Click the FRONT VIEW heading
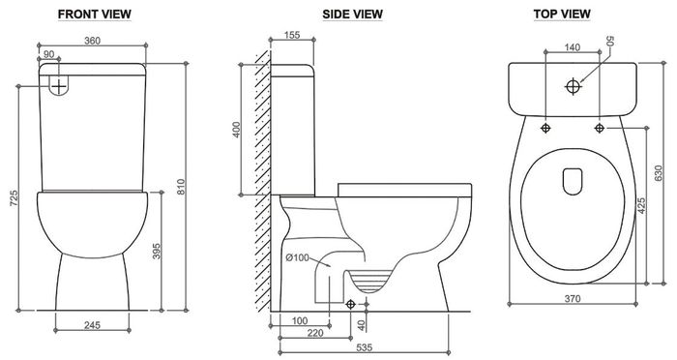[x=95, y=15]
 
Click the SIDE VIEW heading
[x=352, y=15]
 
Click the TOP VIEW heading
[x=562, y=15]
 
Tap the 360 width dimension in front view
[x=92, y=41]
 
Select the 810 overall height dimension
[x=182, y=186]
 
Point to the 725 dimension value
[x=14, y=197]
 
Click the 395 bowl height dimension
[x=157, y=251]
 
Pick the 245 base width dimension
[x=93, y=325]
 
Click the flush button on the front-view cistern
[x=58, y=85]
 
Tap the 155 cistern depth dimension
[x=292, y=35]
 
